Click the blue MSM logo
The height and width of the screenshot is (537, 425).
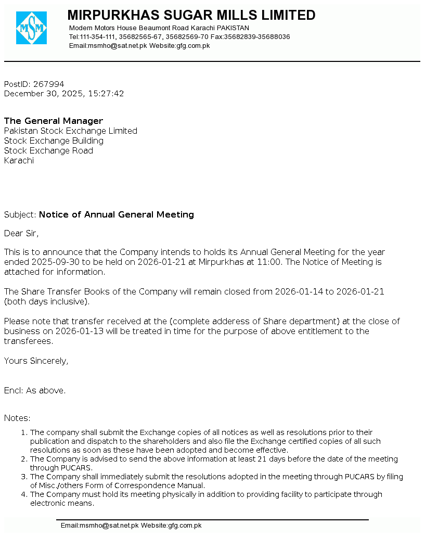pos(31,28)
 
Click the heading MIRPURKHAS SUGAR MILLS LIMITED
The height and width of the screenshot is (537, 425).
pos(191,15)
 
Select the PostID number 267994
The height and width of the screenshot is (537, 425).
pos(48,84)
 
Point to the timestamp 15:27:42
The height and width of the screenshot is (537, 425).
pos(106,94)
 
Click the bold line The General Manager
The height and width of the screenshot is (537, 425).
pos(54,121)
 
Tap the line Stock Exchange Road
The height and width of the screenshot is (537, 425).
pos(48,151)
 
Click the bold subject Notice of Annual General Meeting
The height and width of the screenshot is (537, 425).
pos(117,214)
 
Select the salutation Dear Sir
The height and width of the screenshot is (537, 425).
pos(21,233)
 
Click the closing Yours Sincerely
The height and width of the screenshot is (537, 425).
pos(36,361)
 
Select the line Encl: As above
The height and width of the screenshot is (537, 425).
pos(35,390)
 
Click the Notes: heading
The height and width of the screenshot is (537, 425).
pos(17,418)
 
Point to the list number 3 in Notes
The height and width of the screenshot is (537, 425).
pos(23,477)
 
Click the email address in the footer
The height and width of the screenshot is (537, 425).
pos(100,526)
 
